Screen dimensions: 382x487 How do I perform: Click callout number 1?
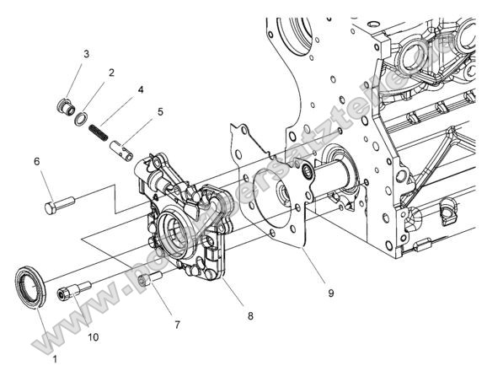tap(55, 359)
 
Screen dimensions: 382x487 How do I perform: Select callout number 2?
tap(110, 73)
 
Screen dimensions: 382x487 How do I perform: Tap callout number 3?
tap(86, 55)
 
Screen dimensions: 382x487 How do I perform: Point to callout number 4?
tap(140, 89)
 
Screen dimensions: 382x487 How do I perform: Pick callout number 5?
tap(160, 110)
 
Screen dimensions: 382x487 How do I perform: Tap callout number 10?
tap(93, 336)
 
